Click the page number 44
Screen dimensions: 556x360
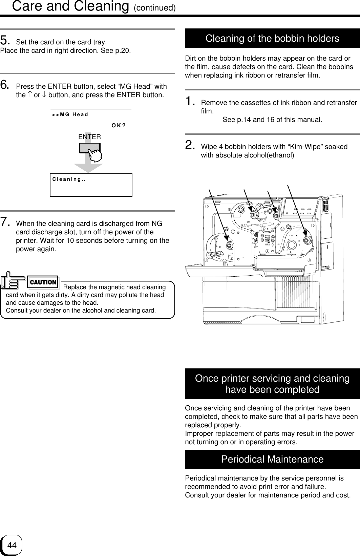(x=12, y=546)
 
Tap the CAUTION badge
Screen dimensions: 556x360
(x=43, y=282)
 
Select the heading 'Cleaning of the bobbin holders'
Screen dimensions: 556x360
(x=272, y=39)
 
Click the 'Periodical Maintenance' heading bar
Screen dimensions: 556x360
(x=272, y=459)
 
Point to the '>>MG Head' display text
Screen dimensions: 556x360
(x=70, y=114)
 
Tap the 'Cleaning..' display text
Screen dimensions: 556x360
(x=69, y=179)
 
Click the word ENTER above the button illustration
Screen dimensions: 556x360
(x=89, y=137)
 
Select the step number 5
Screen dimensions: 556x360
(x=5, y=41)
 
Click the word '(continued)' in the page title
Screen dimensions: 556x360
(x=154, y=7)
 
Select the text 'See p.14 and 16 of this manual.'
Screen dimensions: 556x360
(x=272, y=120)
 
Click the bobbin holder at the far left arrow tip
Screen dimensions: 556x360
(x=229, y=245)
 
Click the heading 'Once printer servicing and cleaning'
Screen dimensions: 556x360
(x=272, y=378)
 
